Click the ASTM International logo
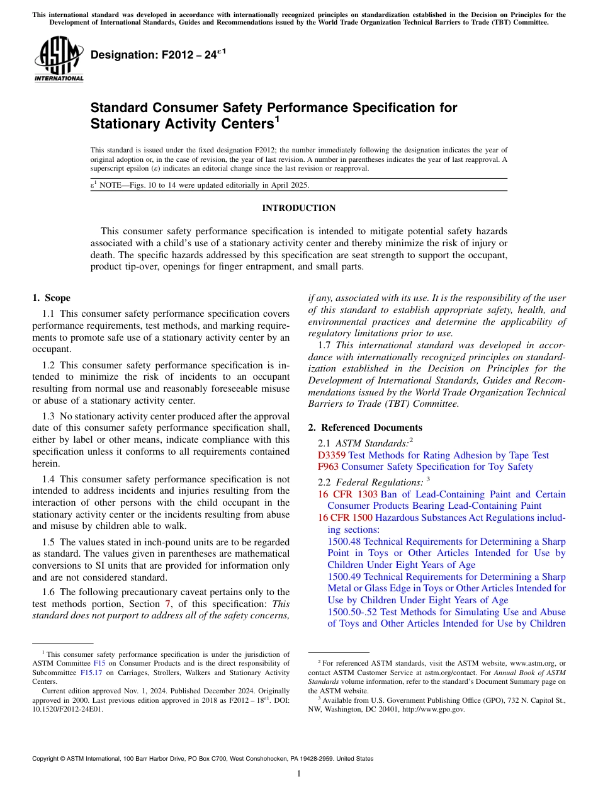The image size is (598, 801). [59, 60]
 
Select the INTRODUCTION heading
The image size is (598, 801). [298, 208]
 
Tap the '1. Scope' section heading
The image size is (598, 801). [52, 298]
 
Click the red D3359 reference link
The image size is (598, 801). [332, 455]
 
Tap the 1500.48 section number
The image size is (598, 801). [344, 542]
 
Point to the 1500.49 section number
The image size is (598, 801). [344, 577]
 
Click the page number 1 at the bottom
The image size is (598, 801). [299, 774]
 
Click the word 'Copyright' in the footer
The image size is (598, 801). [47, 759]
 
